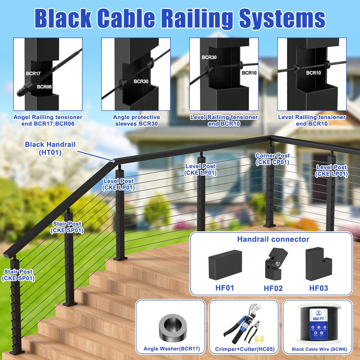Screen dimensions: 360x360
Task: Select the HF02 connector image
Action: [x=273, y=263]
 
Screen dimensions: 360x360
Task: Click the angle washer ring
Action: [x=171, y=324]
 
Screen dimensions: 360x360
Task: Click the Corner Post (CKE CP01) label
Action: [x=273, y=159]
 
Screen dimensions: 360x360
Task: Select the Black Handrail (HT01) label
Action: [x=50, y=148]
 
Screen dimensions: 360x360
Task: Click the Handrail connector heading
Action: [x=273, y=239]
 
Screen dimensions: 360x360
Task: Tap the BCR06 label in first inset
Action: [x=45, y=87]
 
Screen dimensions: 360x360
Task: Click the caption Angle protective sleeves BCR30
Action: [x=136, y=120]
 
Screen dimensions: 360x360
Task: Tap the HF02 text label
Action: [x=273, y=288]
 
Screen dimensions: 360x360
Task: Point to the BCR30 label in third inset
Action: [x=209, y=58]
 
